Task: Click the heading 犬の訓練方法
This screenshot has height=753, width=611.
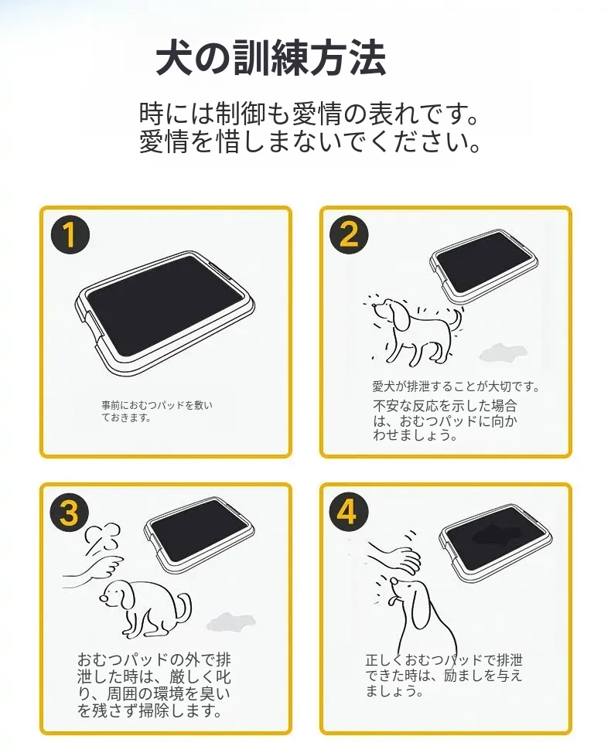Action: [271, 58]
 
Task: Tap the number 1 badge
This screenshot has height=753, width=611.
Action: [70, 235]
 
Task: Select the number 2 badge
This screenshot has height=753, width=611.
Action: [350, 235]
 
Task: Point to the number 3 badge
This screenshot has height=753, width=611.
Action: [70, 512]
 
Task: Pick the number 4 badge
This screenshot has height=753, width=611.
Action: [349, 511]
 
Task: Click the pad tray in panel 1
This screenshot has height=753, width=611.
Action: [165, 314]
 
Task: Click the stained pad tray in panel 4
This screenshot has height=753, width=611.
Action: [495, 543]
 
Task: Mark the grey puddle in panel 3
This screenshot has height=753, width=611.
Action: [230, 621]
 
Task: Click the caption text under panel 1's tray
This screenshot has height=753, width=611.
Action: [156, 411]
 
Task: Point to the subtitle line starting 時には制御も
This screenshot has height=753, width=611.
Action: [309, 114]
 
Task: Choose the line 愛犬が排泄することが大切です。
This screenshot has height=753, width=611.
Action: [456, 386]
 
